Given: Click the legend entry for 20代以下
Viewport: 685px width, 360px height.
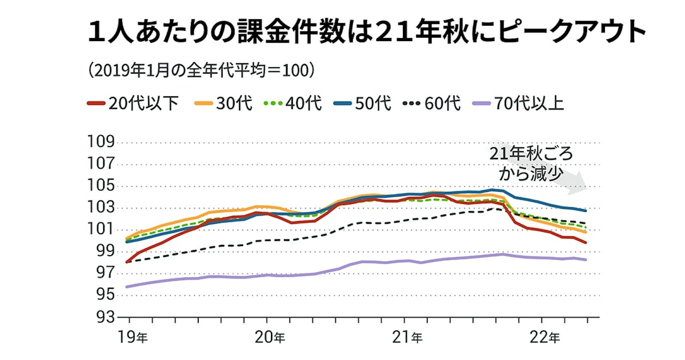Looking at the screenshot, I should [133, 103].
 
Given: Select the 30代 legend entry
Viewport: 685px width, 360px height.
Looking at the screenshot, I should [223, 103].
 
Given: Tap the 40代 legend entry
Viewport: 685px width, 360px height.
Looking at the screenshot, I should [293, 103].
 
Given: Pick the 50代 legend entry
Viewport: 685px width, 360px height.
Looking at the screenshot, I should [362, 103].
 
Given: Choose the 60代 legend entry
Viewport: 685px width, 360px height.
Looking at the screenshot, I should [432, 103].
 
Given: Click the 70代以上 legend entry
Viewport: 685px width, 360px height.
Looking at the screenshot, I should [518, 103].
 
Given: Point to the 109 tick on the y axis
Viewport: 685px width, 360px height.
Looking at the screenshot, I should [101, 142].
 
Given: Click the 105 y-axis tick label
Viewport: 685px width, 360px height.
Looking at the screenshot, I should [101, 186].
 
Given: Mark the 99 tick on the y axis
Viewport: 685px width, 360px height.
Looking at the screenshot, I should [101, 251].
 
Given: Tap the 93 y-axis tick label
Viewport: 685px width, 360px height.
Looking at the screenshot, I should [101, 317].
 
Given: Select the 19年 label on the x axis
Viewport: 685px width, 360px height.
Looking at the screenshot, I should [133, 337].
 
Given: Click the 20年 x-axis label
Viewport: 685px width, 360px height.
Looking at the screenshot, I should [270, 337].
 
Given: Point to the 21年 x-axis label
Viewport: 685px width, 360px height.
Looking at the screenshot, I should [407, 337].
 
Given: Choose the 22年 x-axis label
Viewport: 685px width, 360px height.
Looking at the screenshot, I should [545, 337].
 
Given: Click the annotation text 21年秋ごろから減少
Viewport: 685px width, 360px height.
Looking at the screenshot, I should [531, 164].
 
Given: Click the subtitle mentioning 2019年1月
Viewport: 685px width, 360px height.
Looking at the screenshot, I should [201, 70].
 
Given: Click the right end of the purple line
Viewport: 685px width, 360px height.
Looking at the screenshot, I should [586, 260].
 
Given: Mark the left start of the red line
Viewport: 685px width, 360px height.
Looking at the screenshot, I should [127, 262].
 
